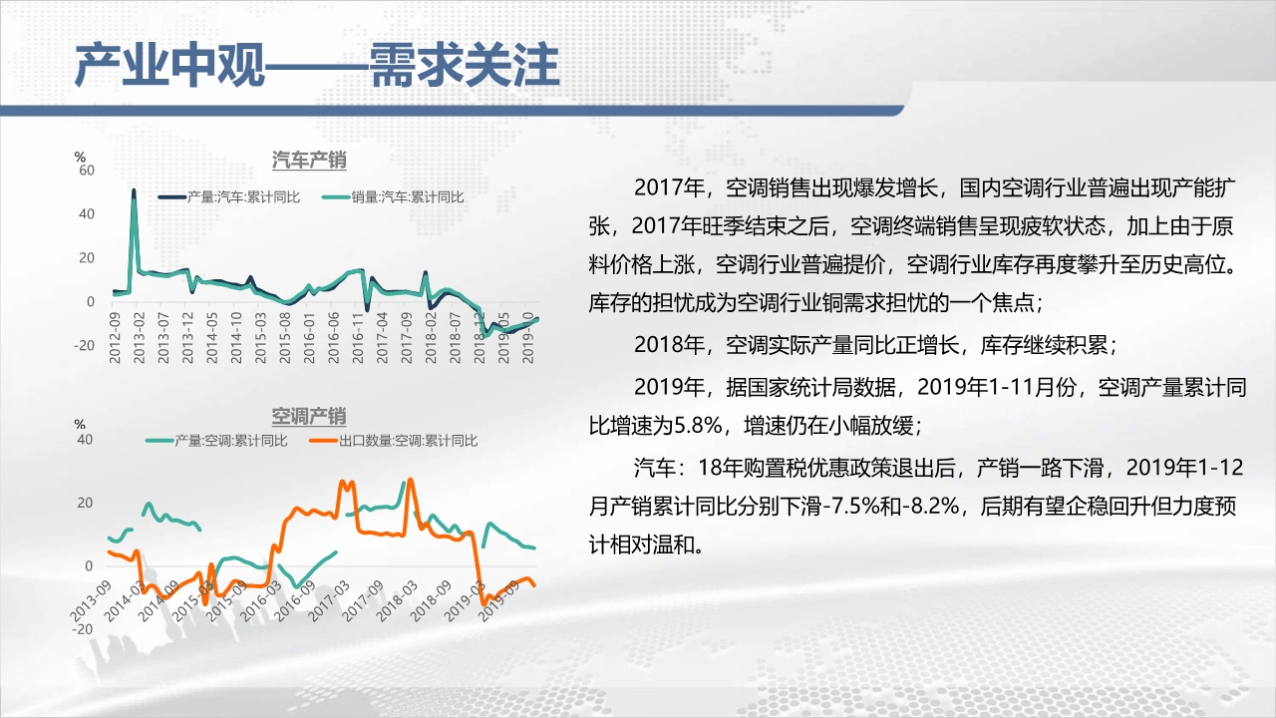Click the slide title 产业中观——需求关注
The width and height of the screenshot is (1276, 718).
point(317,66)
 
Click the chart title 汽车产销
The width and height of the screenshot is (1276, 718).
point(309,161)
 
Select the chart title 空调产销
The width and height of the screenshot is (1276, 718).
point(309,417)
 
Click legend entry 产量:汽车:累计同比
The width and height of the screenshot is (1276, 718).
point(229,197)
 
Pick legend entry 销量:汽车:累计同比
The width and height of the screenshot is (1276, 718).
point(393,197)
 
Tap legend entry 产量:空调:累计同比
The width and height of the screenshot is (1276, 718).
point(216,441)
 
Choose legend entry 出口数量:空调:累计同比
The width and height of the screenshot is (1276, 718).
point(394,441)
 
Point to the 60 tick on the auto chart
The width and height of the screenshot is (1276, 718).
point(87,170)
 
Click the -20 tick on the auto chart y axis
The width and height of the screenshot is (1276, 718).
point(84,345)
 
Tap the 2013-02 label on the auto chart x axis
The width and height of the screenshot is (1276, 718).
point(139,338)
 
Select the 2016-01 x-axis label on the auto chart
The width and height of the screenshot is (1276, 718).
point(309,338)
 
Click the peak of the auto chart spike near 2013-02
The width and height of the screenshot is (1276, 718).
point(134,190)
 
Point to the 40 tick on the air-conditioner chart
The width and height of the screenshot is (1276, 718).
point(85,440)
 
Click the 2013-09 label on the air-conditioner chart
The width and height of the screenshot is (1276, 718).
point(90,601)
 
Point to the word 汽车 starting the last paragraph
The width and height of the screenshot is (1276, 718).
point(655,468)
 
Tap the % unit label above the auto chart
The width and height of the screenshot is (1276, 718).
point(80,157)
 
